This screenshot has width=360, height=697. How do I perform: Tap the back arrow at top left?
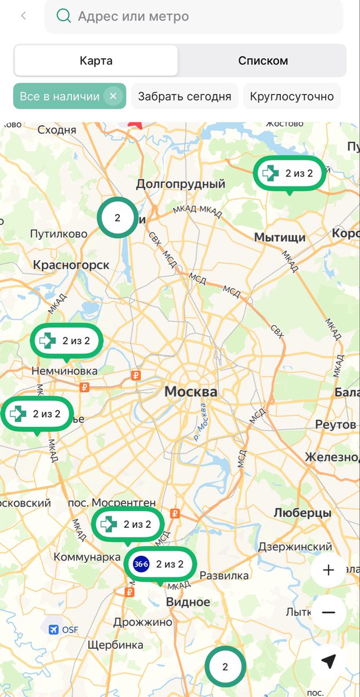[23, 16]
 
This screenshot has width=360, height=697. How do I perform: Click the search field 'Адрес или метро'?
[194, 16]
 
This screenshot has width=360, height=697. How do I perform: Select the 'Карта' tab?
[96, 60]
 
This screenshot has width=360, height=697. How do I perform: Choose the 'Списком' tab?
[262, 60]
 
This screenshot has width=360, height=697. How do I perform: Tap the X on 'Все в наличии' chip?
[113, 96]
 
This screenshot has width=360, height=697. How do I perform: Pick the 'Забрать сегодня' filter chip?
[185, 96]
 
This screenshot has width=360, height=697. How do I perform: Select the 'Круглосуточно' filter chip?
[291, 96]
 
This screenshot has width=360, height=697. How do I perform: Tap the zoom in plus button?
[328, 570]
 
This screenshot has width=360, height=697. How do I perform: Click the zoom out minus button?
[328, 612]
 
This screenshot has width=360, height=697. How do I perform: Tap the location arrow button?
[328, 661]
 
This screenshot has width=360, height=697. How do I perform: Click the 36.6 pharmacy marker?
[160, 563]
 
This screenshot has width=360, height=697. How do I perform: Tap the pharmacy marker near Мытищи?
[289, 173]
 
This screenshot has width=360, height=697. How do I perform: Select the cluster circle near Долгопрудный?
[117, 218]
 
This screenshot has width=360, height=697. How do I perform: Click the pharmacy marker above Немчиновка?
[66, 341]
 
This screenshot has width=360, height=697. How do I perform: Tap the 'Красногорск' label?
[71, 265]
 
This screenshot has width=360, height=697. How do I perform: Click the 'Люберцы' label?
[303, 513]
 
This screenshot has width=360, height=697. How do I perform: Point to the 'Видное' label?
[188, 602]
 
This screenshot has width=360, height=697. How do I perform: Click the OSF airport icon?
[54, 630]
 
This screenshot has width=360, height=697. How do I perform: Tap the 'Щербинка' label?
[115, 645]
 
